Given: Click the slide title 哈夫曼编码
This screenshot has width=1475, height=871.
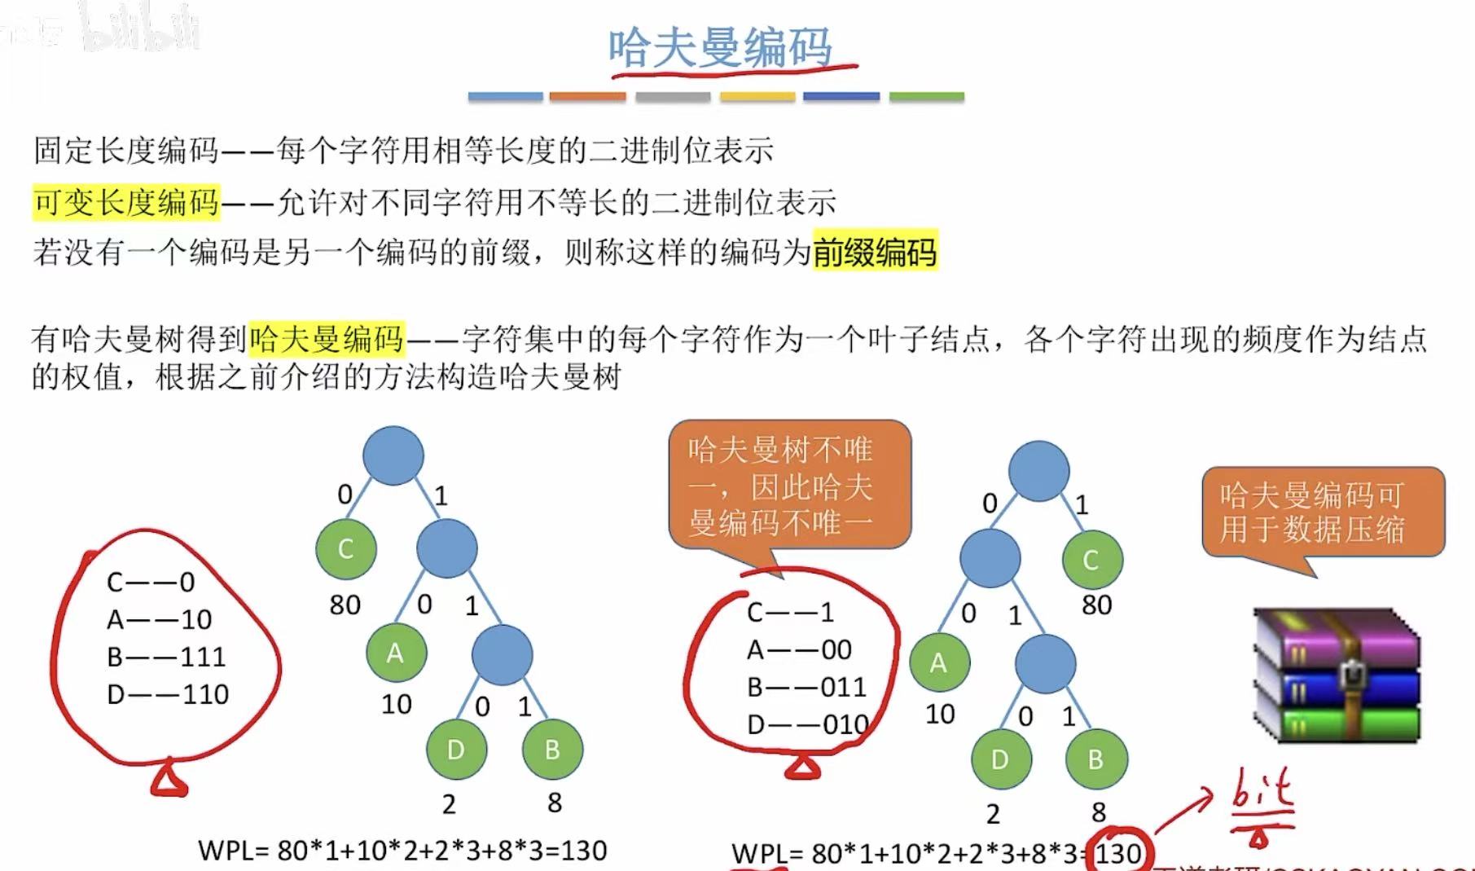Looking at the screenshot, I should tap(720, 47).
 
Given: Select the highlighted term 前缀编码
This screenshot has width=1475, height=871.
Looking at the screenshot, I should tap(875, 252).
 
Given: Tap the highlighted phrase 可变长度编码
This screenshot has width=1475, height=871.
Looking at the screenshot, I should tap(126, 201).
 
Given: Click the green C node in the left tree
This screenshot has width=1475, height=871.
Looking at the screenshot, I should tap(345, 548).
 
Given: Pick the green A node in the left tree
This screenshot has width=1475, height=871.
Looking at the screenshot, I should tap(396, 653).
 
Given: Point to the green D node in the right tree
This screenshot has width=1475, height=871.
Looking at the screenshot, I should tap(1000, 759).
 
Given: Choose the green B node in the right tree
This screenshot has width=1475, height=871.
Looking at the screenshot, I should tap(1095, 759).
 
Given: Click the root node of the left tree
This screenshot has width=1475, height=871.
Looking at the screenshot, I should tap(393, 455).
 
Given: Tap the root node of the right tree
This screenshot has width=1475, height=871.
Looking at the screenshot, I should tap(1038, 471).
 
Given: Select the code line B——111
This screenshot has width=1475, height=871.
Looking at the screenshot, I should tap(166, 657).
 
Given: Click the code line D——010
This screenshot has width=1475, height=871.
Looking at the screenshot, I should tap(807, 724).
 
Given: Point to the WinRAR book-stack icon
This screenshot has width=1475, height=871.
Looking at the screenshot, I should tap(1337, 675).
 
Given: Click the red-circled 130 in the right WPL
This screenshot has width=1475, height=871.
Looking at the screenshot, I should tap(1117, 853).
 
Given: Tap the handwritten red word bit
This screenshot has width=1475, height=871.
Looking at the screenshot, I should tap(1261, 791).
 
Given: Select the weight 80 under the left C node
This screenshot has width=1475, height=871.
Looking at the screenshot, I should tap(345, 605).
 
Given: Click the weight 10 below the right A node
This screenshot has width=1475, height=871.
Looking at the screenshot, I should tap(940, 714).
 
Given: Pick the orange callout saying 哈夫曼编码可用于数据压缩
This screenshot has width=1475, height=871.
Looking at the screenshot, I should tap(1323, 512).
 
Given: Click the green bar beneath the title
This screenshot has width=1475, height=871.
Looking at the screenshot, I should tap(926, 96).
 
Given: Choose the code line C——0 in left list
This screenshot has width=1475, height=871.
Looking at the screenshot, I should tap(151, 582).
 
